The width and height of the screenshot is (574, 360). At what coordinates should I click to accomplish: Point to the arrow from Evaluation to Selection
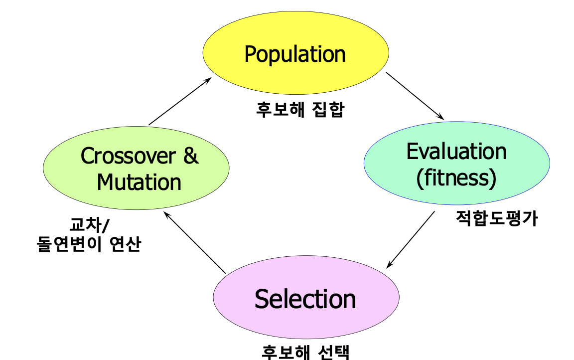point(411,239)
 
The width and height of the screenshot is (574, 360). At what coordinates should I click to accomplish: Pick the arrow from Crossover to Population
point(180,101)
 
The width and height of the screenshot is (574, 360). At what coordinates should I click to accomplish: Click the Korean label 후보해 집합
point(300,109)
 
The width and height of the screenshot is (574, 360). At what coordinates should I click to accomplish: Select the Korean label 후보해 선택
point(306,352)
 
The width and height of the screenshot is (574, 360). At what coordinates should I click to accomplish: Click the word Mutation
point(139,182)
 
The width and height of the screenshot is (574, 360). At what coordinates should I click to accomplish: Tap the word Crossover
point(128,156)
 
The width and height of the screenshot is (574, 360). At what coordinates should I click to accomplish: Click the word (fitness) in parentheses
point(456,178)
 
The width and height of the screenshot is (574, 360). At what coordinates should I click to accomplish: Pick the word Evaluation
point(456,151)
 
